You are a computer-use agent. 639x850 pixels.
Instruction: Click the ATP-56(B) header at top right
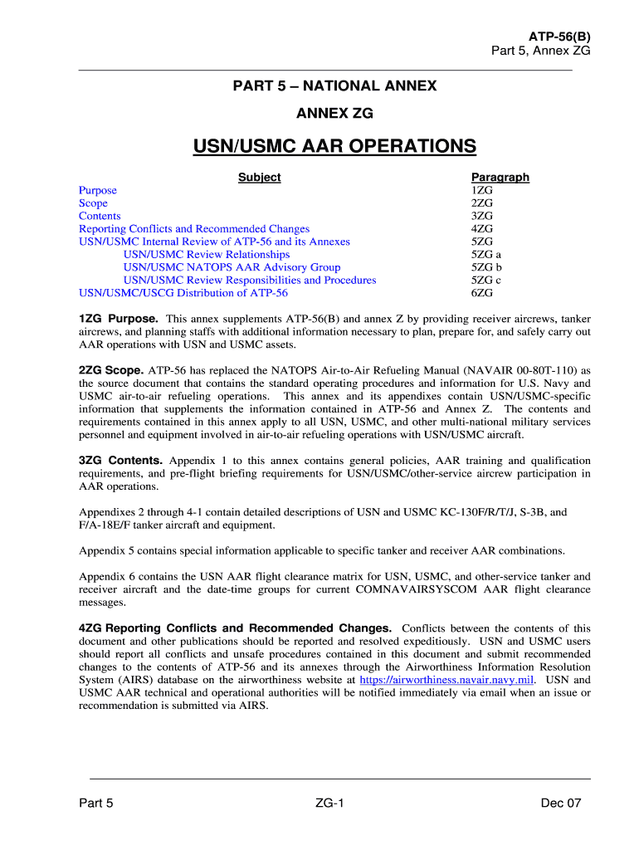pyautogui.click(x=559, y=37)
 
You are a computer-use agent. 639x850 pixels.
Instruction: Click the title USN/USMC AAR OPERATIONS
pyautogui.click(x=334, y=147)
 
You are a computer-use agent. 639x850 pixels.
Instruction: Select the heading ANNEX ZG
pyautogui.click(x=334, y=112)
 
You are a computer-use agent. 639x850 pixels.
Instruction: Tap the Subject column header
pyautogui.click(x=259, y=177)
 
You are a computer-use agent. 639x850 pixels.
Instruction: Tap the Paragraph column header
pyautogui.click(x=500, y=177)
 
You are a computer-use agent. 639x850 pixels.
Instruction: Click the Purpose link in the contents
pyautogui.click(x=98, y=190)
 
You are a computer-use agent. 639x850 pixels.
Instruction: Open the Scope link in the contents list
pyautogui.click(x=93, y=203)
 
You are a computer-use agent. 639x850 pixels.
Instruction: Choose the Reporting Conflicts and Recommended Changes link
pyautogui.click(x=194, y=229)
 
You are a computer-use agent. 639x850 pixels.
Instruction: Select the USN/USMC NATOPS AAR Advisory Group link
pyautogui.click(x=232, y=267)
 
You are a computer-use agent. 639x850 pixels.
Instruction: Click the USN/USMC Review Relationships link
pyautogui.click(x=207, y=254)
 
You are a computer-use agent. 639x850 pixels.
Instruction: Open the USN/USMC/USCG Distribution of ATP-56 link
pyautogui.click(x=183, y=293)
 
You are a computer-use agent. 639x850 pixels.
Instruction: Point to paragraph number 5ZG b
pyautogui.click(x=486, y=267)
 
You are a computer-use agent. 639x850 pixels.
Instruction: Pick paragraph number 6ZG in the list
pyautogui.click(x=482, y=293)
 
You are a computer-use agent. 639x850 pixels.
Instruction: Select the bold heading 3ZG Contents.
pyautogui.click(x=121, y=460)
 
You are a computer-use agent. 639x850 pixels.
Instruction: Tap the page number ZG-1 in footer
pyautogui.click(x=329, y=803)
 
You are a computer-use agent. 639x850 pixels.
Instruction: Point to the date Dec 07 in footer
pyautogui.click(x=560, y=803)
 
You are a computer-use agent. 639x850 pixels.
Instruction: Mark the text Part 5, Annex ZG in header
pyautogui.click(x=541, y=51)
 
